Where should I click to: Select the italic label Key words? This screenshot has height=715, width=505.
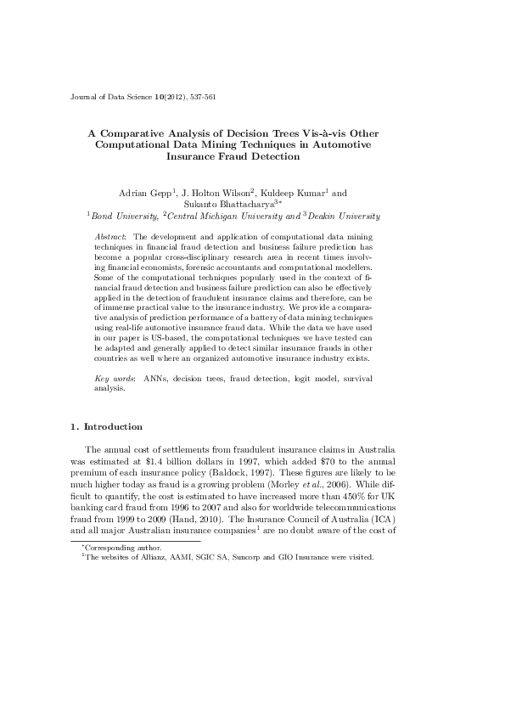coord(110,377)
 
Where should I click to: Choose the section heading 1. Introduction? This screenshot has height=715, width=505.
coord(106,426)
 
